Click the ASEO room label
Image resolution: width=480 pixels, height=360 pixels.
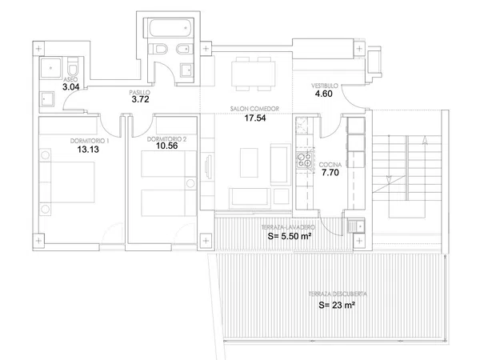click(70, 79)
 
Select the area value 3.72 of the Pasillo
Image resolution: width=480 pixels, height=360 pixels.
click(140, 99)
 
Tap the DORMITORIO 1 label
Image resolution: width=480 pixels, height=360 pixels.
click(90, 141)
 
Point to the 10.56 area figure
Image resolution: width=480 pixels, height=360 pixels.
click(167, 146)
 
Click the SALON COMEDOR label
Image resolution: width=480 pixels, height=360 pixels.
click(254, 109)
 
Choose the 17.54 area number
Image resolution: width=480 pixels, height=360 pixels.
click(255, 118)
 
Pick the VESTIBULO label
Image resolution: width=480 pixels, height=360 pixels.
click(325, 86)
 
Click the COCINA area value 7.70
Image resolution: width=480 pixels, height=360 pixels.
click(330, 173)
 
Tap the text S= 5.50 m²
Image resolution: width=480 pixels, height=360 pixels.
click(290, 236)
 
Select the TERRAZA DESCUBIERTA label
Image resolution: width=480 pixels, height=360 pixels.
click(338, 294)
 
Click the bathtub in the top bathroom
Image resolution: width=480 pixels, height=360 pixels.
click(171, 28)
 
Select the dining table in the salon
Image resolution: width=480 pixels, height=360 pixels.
click(253, 74)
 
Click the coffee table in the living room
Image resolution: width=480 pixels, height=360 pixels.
click(249, 162)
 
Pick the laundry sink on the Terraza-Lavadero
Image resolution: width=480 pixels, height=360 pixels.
click(356, 226)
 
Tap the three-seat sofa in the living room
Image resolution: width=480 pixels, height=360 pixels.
click(250, 198)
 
